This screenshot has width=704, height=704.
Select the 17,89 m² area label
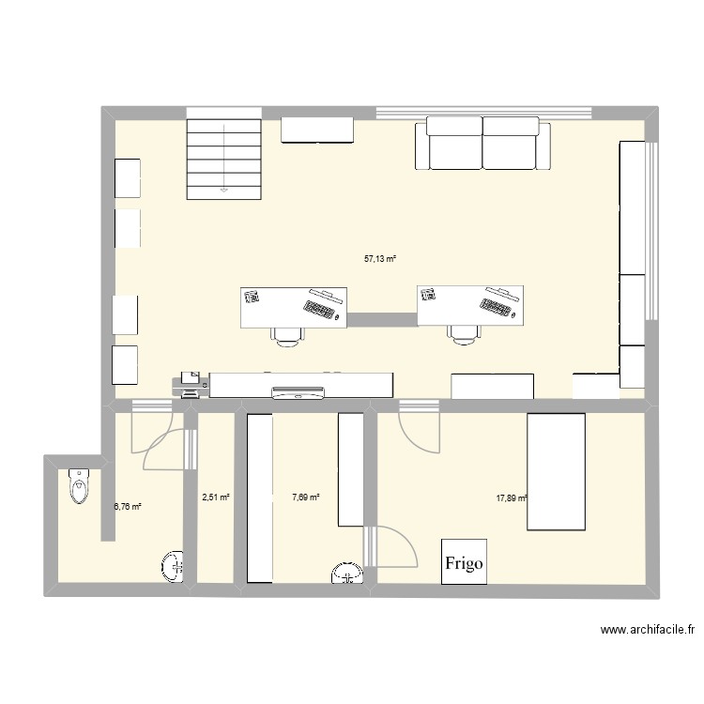click(512, 499)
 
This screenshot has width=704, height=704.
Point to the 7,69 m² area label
click(305, 497)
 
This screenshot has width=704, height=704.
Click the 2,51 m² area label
click(216, 497)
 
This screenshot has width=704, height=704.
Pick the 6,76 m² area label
click(127, 507)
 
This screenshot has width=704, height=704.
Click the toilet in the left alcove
click(78, 488)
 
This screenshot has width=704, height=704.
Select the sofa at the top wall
click(482, 144)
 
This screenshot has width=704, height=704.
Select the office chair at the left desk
click(286, 335)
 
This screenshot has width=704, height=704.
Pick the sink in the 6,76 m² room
click(172, 565)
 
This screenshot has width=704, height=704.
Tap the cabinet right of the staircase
click(317, 130)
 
